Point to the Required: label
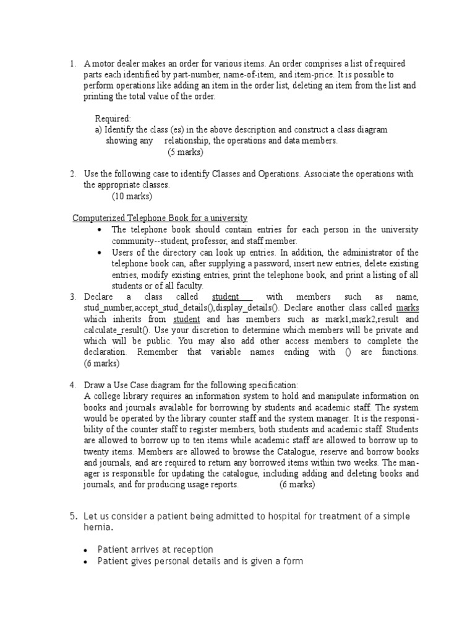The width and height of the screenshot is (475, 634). click(113, 118)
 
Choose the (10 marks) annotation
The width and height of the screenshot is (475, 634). click(132, 196)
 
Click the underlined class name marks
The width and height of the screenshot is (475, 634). click(407, 308)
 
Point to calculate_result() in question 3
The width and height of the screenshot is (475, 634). click(115, 330)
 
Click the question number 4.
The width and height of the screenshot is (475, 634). click(72, 385)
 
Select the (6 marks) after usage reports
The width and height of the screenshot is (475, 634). click(297, 485)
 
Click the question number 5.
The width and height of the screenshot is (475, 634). click(72, 516)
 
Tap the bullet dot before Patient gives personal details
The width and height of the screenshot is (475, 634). click(85, 562)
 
